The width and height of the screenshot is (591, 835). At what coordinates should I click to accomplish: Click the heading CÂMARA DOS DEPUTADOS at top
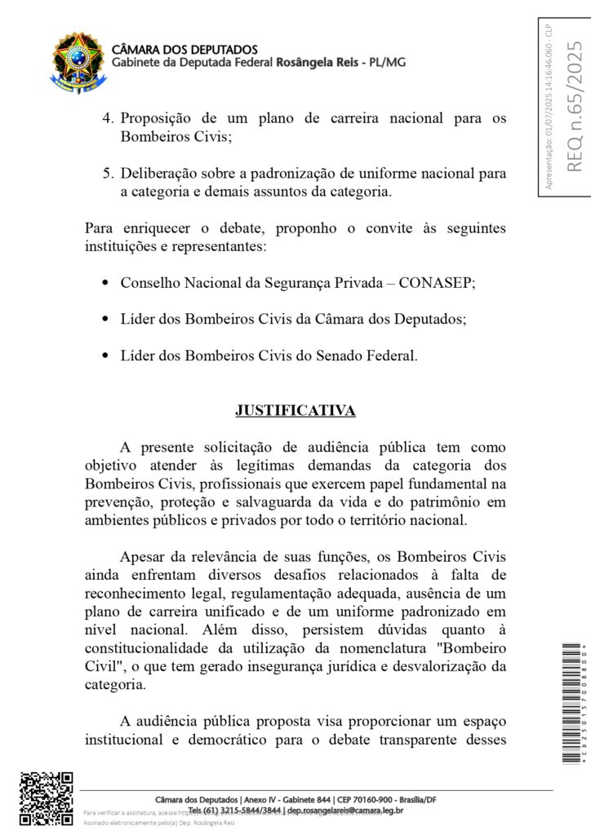[184, 50]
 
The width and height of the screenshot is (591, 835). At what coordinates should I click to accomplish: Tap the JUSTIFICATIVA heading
[295, 411]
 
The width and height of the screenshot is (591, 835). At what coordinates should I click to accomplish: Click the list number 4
[107, 118]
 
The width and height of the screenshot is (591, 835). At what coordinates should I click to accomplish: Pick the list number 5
[107, 174]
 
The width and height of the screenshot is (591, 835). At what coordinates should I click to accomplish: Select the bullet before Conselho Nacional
[105, 283]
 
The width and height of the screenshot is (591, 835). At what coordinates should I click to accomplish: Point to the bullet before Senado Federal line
[105, 356]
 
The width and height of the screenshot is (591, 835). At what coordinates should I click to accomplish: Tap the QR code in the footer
[47, 798]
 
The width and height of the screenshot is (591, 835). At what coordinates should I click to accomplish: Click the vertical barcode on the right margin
[572, 704]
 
